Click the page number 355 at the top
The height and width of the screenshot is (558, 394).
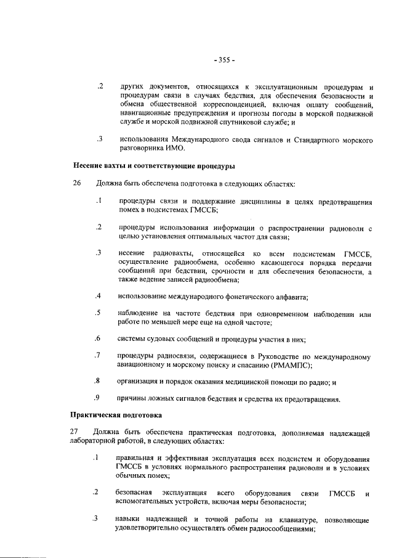pyautogui.click(x=224, y=60)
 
